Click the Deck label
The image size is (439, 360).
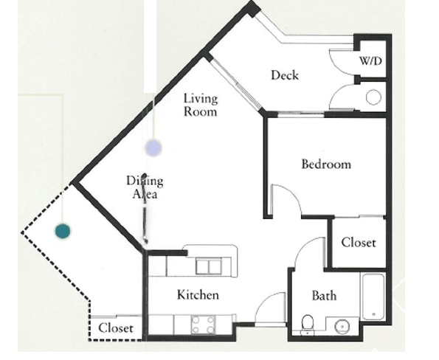point(285,75)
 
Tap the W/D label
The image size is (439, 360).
point(370,60)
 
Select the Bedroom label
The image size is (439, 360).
point(326,164)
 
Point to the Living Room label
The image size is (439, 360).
point(201,105)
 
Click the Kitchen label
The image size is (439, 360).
point(198,295)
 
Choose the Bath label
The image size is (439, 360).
point(324,296)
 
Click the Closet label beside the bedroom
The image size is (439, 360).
point(359,243)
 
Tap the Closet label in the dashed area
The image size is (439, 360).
point(116,328)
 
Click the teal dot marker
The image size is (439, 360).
point(63,231)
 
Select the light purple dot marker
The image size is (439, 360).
point(153,148)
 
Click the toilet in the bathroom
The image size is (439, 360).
point(308,325)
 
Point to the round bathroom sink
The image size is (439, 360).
point(342,326)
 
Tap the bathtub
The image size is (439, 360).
point(373,297)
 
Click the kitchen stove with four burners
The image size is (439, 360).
point(204,325)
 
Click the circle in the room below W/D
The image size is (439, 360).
point(373,97)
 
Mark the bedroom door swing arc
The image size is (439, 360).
point(291,194)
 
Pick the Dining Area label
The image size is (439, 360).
point(145,187)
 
